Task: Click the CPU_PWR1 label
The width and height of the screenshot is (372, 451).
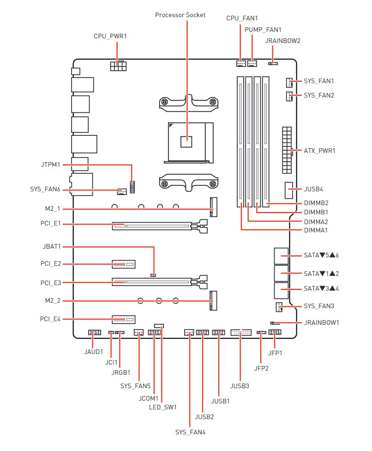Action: pos(110,36)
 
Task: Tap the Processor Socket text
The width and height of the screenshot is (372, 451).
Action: pos(180,15)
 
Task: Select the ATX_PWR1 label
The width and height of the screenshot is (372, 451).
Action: pos(319,151)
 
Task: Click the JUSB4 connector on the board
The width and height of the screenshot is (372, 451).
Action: pos(289,189)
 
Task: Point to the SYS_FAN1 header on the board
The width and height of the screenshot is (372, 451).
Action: pos(289,82)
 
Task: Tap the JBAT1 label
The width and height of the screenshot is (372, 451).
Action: pos(51,246)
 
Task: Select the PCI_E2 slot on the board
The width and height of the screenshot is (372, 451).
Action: pos(123,265)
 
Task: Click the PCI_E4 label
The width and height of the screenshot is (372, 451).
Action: pos(50,319)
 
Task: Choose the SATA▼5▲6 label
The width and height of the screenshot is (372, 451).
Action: pos(321,255)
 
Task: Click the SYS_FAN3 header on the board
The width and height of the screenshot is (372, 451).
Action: pos(280,307)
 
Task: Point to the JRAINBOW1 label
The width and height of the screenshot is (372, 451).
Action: pos(322,323)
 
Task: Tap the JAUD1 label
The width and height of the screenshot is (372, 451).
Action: pos(94,351)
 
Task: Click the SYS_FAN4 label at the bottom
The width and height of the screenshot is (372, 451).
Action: pos(190,433)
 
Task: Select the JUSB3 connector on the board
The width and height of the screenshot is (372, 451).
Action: pos(240,332)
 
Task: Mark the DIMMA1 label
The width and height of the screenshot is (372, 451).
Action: pos(316,230)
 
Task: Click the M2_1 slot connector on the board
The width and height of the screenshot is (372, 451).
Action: pos(213,207)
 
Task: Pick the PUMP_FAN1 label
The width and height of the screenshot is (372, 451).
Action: pos(263,30)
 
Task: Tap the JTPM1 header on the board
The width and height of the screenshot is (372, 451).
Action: pos(132,188)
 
